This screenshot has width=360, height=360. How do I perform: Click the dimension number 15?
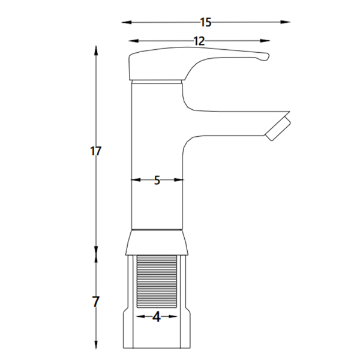[206, 23]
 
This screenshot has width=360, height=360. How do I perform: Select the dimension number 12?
[199, 41]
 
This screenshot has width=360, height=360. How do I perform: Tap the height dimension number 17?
[95, 151]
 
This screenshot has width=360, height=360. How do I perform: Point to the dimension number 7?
[95, 302]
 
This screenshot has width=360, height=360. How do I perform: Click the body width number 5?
[157, 180]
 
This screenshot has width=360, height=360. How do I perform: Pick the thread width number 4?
[157, 317]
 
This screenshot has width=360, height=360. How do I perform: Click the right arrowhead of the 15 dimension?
[286, 22]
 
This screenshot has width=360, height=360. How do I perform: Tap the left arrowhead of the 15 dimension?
[127, 22]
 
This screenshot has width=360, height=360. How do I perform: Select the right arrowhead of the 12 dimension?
[265, 41]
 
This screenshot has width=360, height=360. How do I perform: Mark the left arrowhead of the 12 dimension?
[133, 41]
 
